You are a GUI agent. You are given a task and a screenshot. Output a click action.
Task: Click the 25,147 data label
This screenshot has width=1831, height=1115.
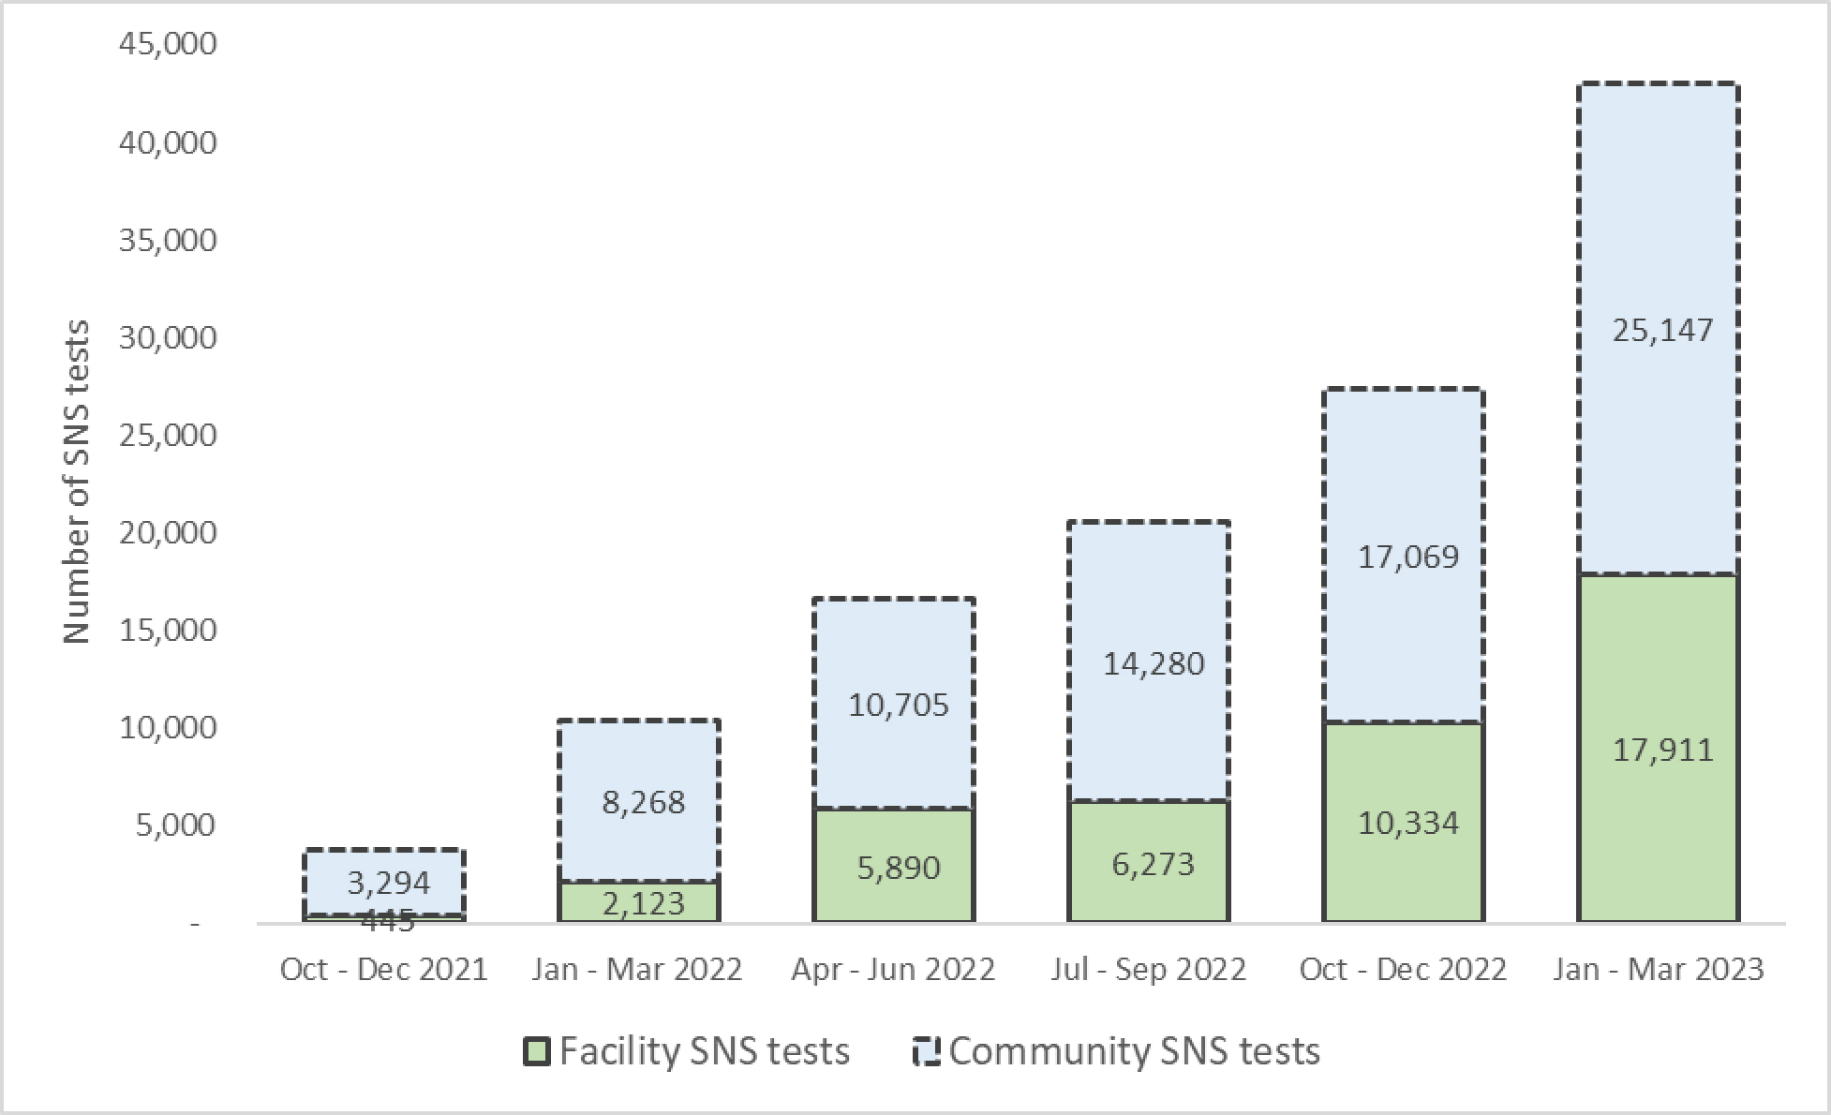point(1662,330)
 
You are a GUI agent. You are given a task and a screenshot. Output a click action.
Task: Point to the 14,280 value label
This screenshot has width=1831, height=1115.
point(1153,664)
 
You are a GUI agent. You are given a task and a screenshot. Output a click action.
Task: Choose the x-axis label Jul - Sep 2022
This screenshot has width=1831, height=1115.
point(1148,969)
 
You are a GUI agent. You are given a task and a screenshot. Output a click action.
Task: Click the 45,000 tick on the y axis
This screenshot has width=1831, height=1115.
point(168,43)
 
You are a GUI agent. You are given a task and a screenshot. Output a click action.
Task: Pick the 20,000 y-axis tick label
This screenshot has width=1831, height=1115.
point(168,532)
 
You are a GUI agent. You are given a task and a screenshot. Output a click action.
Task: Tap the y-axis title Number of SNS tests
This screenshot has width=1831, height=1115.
point(77,482)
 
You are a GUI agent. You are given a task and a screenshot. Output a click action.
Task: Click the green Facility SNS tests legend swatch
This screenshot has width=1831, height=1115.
point(536,1051)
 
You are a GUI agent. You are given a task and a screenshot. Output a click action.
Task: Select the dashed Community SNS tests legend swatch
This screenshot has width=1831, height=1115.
point(926,1051)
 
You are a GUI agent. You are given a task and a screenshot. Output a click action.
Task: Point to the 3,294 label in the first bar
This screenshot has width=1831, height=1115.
point(388,883)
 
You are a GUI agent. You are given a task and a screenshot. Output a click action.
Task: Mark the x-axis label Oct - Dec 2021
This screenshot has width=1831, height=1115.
point(384,969)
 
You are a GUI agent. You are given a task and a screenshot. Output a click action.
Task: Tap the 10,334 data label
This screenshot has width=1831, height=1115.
point(1408,823)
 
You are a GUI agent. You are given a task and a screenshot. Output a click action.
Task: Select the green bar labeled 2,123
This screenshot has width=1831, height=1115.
point(639,903)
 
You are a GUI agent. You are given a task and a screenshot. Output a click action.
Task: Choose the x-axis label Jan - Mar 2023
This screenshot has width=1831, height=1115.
point(1658,969)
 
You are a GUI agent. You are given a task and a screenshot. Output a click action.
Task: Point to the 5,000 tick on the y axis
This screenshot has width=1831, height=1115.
point(175,825)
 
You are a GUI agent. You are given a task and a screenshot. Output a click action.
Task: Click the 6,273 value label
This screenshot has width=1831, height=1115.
point(1153,864)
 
